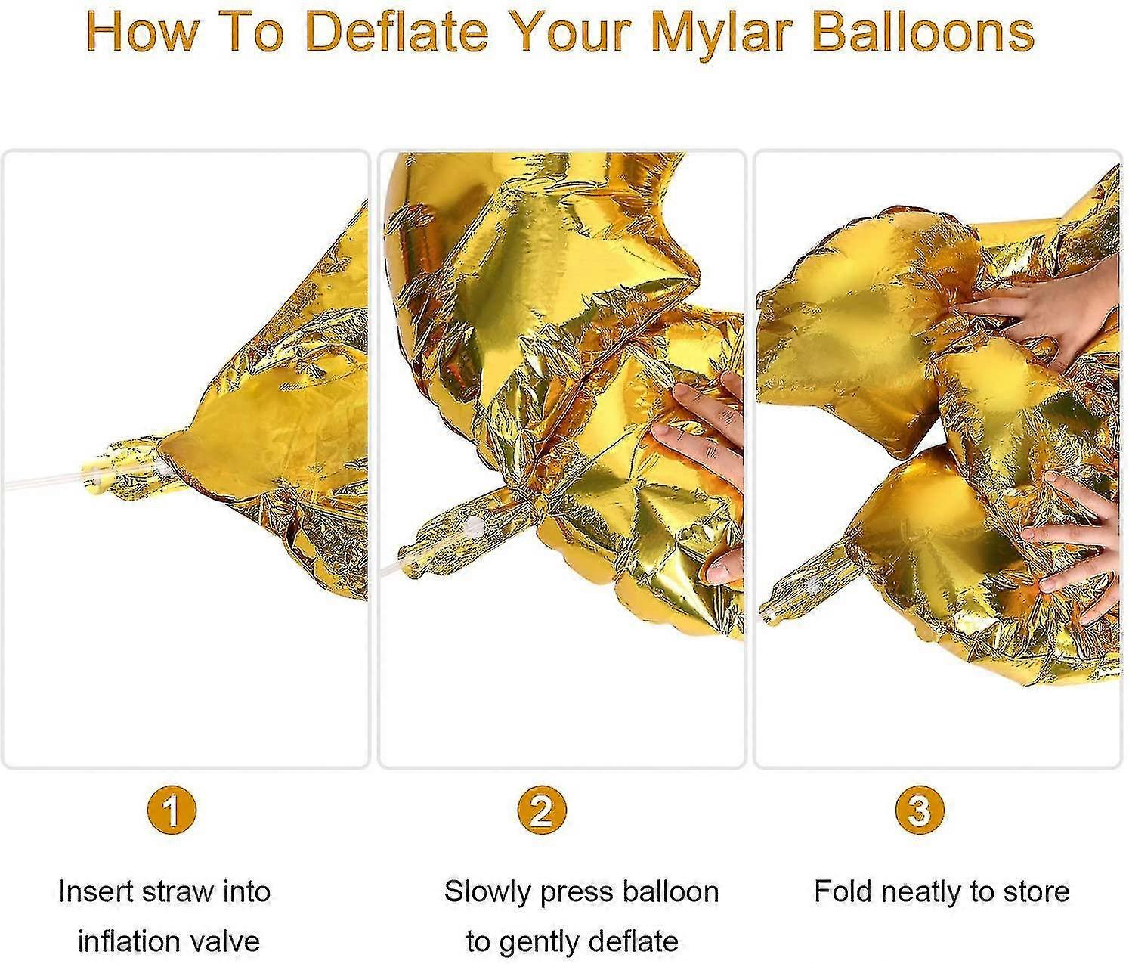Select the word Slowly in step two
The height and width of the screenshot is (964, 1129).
coord(488,891)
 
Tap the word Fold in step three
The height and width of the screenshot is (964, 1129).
coord(843,891)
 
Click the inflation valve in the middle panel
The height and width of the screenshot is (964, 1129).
coord(453,533)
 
